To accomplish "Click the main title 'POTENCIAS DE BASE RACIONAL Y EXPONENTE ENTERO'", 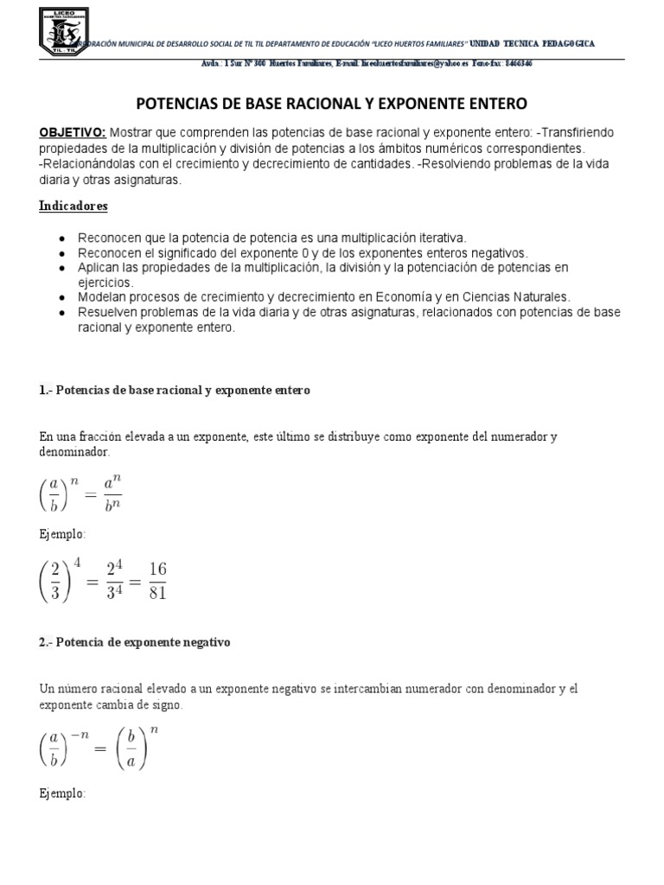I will click(x=332, y=104).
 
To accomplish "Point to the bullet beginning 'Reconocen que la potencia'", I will click(x=272, y=237).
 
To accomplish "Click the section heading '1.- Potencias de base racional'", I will click(x=174, y=391).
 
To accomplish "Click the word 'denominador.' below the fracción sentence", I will click(x=74, y=451).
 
